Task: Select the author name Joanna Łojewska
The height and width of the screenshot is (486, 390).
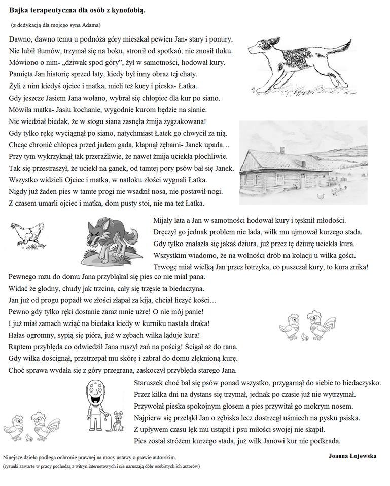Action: [352, 455]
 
